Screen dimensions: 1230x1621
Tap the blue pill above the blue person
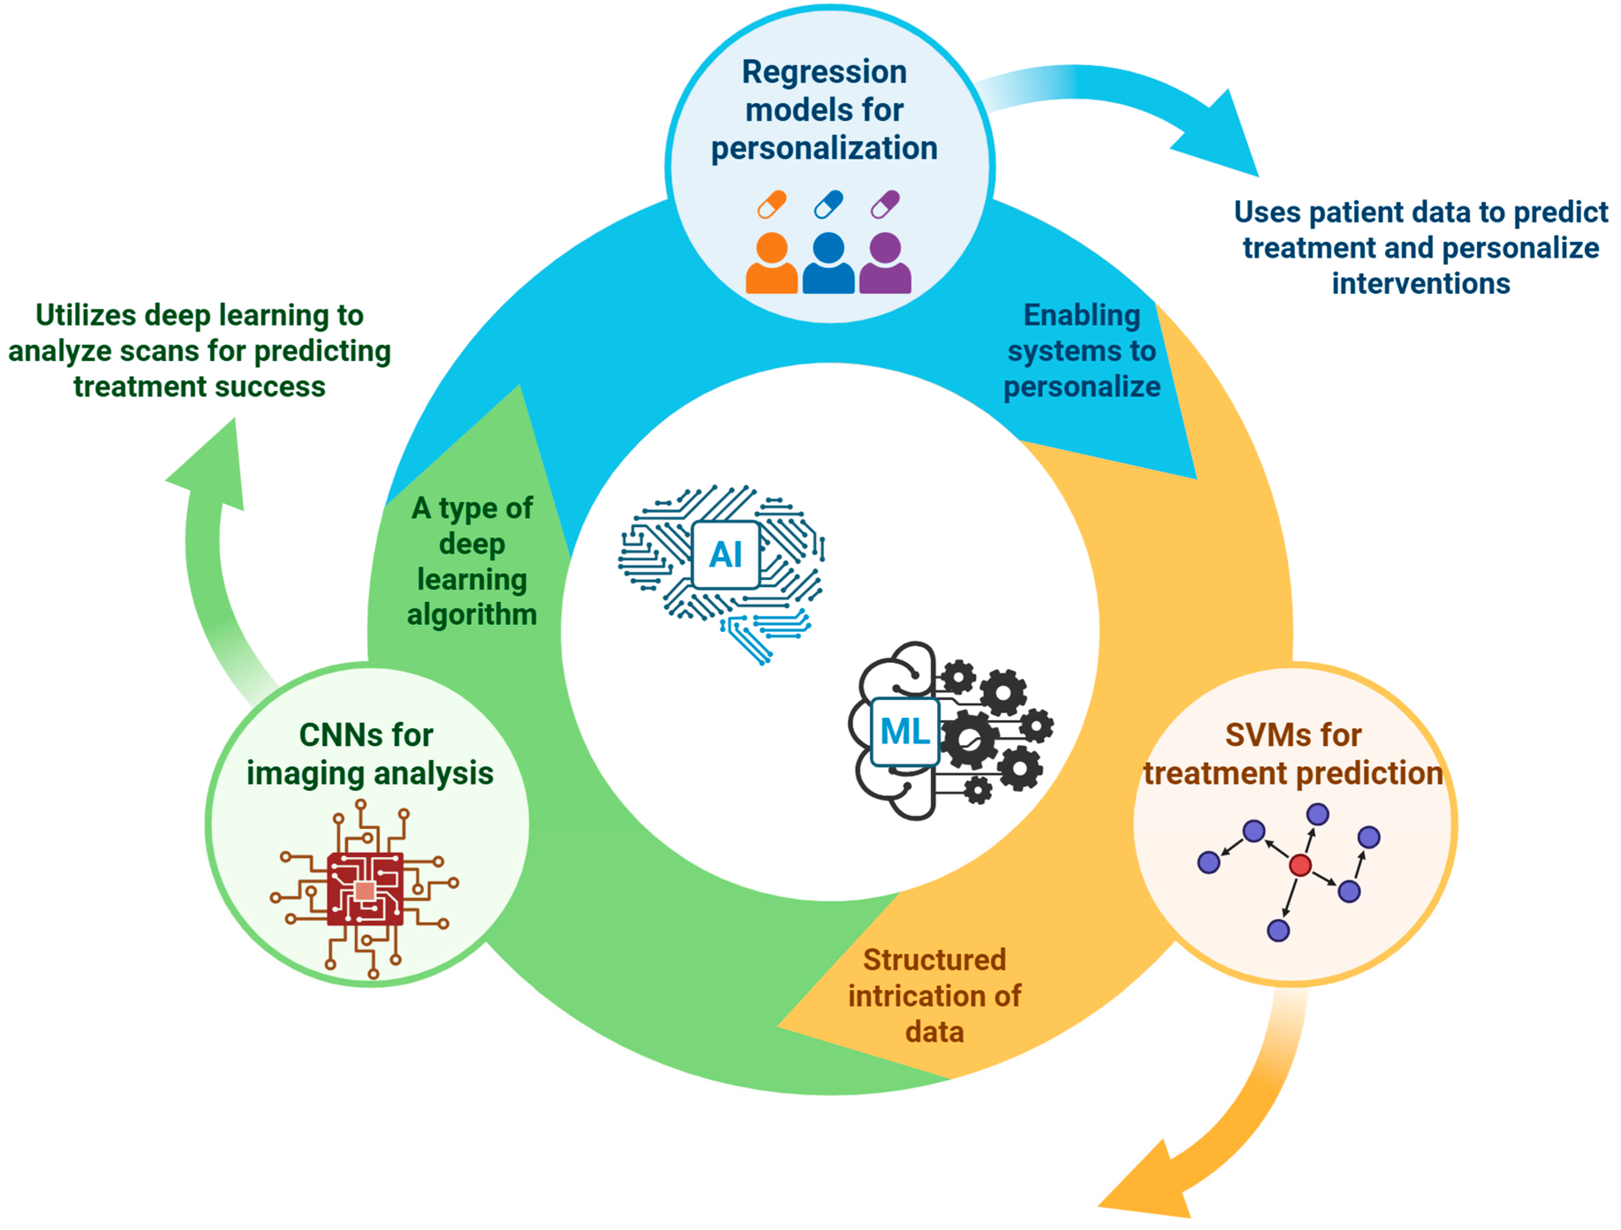828,204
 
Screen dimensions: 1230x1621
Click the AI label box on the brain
726,555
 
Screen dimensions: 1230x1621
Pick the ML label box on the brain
905,731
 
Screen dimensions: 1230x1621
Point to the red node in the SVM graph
1300,865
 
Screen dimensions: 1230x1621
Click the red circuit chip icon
365,889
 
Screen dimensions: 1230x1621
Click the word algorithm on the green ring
471,614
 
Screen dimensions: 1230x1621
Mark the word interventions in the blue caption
1420,284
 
